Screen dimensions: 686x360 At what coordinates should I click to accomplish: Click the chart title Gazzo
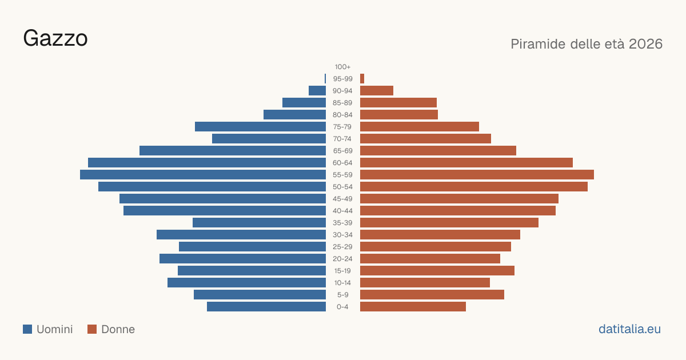[x=55, y=38]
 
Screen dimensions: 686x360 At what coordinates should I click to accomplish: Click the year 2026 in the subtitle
[x=645, y=44]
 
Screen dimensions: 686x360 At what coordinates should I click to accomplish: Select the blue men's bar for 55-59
[x=203, y=174]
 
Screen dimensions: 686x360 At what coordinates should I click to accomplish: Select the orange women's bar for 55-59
[x=477, y=174]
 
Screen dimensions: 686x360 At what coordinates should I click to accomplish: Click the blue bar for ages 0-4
[x=266, y=307]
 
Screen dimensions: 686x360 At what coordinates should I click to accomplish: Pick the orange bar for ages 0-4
[x=413, y=307]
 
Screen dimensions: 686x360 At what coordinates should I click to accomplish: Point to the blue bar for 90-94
[x=317, y=91]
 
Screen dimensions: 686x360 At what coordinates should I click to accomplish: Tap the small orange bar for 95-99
[x=362, y=79]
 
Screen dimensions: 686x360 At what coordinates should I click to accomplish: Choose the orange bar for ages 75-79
[x=420, y=127]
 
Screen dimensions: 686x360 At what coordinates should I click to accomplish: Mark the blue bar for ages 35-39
[x=259, y=222]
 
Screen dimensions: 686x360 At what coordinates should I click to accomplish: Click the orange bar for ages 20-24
[x=430, y=259]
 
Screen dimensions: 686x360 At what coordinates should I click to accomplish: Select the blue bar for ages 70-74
[x=269, y=139]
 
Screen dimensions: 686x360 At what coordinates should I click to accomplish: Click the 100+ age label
[x=342, y=67]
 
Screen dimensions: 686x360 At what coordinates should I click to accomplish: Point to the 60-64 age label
[x=342, y=163]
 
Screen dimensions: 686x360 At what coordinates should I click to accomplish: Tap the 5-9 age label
[x=342, y=295]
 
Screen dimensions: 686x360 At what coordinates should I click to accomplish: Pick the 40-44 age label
[x=342, y=211]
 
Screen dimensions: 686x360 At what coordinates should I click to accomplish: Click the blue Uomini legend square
[x=27, y=329]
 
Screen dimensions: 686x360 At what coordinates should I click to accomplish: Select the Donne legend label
[x=118, y=329]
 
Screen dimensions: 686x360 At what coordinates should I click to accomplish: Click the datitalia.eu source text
[x=629, y=329]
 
